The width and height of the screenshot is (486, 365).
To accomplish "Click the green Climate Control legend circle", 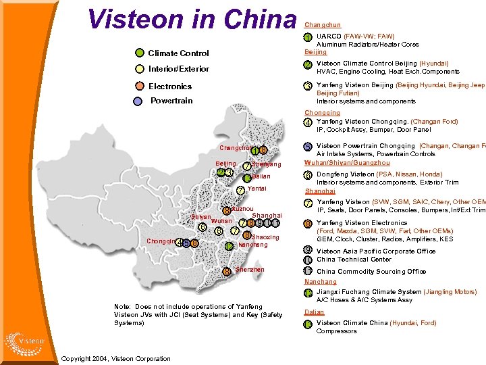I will pyautogui.click(x=140, y=53).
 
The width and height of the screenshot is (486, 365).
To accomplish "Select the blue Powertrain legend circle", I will pyautogui.click(x=138, y=101).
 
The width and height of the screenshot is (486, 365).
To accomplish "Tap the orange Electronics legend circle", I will pyautogui.click(x=139, y=86).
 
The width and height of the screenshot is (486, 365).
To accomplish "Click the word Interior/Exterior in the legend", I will pyautogui.click(x=179, y=69).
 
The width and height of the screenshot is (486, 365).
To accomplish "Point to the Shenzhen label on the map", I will pyautogui.click(x=250, y=270).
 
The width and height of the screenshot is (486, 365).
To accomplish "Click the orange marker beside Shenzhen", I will pyautogui.click(x=227, y=272).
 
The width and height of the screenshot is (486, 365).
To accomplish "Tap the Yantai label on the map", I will pyautogui.click(x=256, y=189).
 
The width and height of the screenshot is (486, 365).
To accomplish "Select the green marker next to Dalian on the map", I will pyautogui.click(x=247, y=177).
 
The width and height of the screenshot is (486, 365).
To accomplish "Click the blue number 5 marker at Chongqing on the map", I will pyautogui.click(x=186, y=243).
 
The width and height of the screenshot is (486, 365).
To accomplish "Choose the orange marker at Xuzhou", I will pyautogui.click(x=227, y=211).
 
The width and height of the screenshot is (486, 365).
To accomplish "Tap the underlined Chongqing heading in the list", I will pyautogui.click(x=322, y=113).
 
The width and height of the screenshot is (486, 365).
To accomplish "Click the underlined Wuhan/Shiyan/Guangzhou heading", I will pyautogui.click(x=347, y=163).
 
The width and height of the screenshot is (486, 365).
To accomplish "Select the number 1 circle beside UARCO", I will pyautogui.click(x=308, y=36).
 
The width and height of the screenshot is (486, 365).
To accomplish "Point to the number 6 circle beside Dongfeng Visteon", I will pyautogui.click(x=308, y=175).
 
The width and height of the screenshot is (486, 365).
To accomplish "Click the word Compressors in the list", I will pyautogui.click(x=336, y=331).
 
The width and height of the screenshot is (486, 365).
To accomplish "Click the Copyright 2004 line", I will pyautogui.click(x=116, y=358).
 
